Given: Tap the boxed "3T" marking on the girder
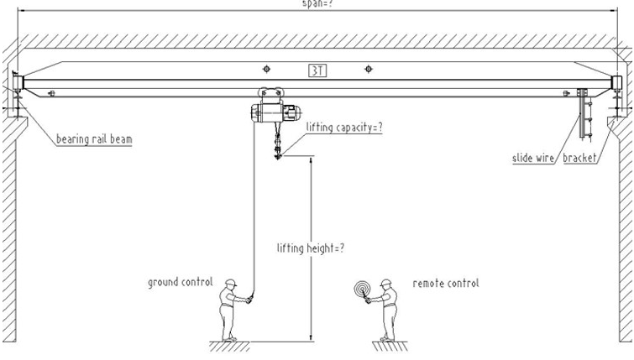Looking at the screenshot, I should tap(317, 70).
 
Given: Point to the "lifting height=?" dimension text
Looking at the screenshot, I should tap(312, 248).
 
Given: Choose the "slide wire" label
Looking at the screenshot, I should tap(534, 158).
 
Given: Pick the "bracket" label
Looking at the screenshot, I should tap(580, 158).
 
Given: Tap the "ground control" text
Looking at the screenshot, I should tap(181, 282).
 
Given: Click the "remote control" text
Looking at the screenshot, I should tap(446, 284).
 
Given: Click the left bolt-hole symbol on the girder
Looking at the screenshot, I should tap(266, 70).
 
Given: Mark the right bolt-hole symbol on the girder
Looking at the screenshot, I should tap(366, 70).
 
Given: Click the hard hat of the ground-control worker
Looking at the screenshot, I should tap(229, 284).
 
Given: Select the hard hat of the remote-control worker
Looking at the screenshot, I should tap(386, 282).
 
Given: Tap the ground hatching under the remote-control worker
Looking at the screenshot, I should tap(387, 343).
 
